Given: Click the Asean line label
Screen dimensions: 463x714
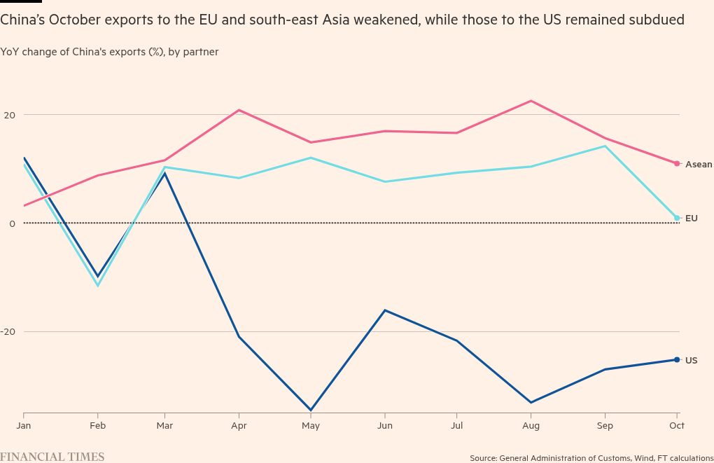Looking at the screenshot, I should click(698, 165).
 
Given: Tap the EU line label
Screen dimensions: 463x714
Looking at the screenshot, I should click(691, 219).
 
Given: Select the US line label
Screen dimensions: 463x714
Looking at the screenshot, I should click(691, 361).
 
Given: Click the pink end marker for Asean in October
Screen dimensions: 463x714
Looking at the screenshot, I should click(677, 164).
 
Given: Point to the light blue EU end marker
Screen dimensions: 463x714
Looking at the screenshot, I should click(677, 218).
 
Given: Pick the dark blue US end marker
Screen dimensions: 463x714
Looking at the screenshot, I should click(677, 360).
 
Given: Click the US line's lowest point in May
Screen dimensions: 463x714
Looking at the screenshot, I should click(311, 410).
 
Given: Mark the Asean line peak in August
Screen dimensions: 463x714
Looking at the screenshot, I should click(531, 101).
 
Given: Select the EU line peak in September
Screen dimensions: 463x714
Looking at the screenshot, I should click(605, 146).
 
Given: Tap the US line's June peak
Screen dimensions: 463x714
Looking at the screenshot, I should click(384, 310).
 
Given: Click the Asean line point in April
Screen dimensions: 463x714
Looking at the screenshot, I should click(239, 110).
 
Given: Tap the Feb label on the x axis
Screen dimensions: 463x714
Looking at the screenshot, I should click(97, 425).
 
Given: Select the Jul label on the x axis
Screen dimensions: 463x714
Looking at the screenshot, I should click(457, 425).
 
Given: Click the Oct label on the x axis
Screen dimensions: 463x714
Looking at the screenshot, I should click(677, 425).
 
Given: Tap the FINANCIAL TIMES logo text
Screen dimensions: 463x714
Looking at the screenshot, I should click(52, 457).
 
